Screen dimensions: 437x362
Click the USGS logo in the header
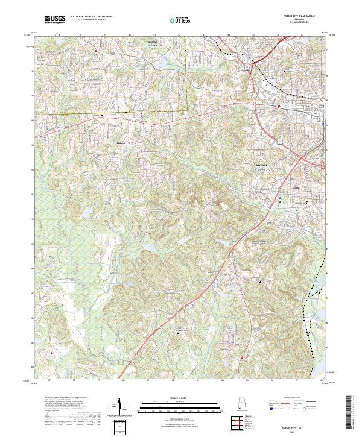55,19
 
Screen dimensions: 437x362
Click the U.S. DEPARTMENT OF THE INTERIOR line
91,17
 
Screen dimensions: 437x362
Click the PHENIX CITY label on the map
261,168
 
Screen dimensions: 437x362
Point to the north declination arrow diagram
119,407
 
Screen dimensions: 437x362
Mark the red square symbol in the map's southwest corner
52,353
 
